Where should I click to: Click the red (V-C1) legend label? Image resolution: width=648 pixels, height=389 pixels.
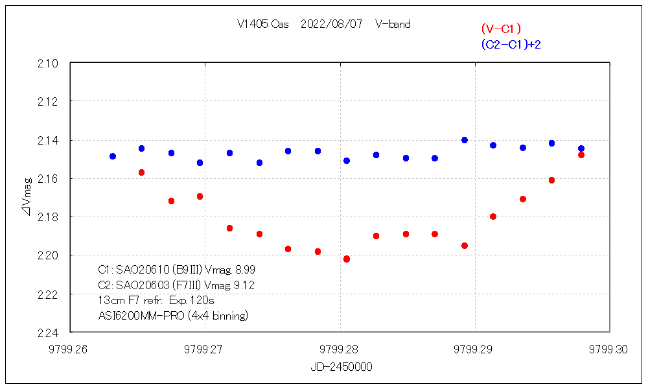pos(501,29)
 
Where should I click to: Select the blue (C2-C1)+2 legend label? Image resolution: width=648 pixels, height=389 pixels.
pos(511,44)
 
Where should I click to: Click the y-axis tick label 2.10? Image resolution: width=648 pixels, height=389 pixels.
pos(50,64)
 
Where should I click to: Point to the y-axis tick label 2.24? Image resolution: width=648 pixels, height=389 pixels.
pos(50,333)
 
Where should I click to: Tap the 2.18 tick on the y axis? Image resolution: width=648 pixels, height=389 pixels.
pos(50,217)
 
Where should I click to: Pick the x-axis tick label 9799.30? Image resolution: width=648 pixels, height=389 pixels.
pos(609,349)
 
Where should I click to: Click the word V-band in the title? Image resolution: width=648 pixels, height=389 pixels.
pos(393,25)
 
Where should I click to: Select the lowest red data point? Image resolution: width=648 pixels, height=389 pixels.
pos(347,259)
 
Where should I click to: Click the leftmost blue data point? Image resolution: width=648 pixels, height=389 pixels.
pos(113,156)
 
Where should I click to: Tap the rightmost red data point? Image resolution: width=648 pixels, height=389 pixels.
pos(581,155)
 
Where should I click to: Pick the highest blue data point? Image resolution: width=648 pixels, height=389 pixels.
pos(465,140)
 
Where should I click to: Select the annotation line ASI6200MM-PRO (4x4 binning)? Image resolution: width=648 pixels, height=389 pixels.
pos(173,316)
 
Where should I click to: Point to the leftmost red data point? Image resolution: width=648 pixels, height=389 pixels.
pos(141,172)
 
